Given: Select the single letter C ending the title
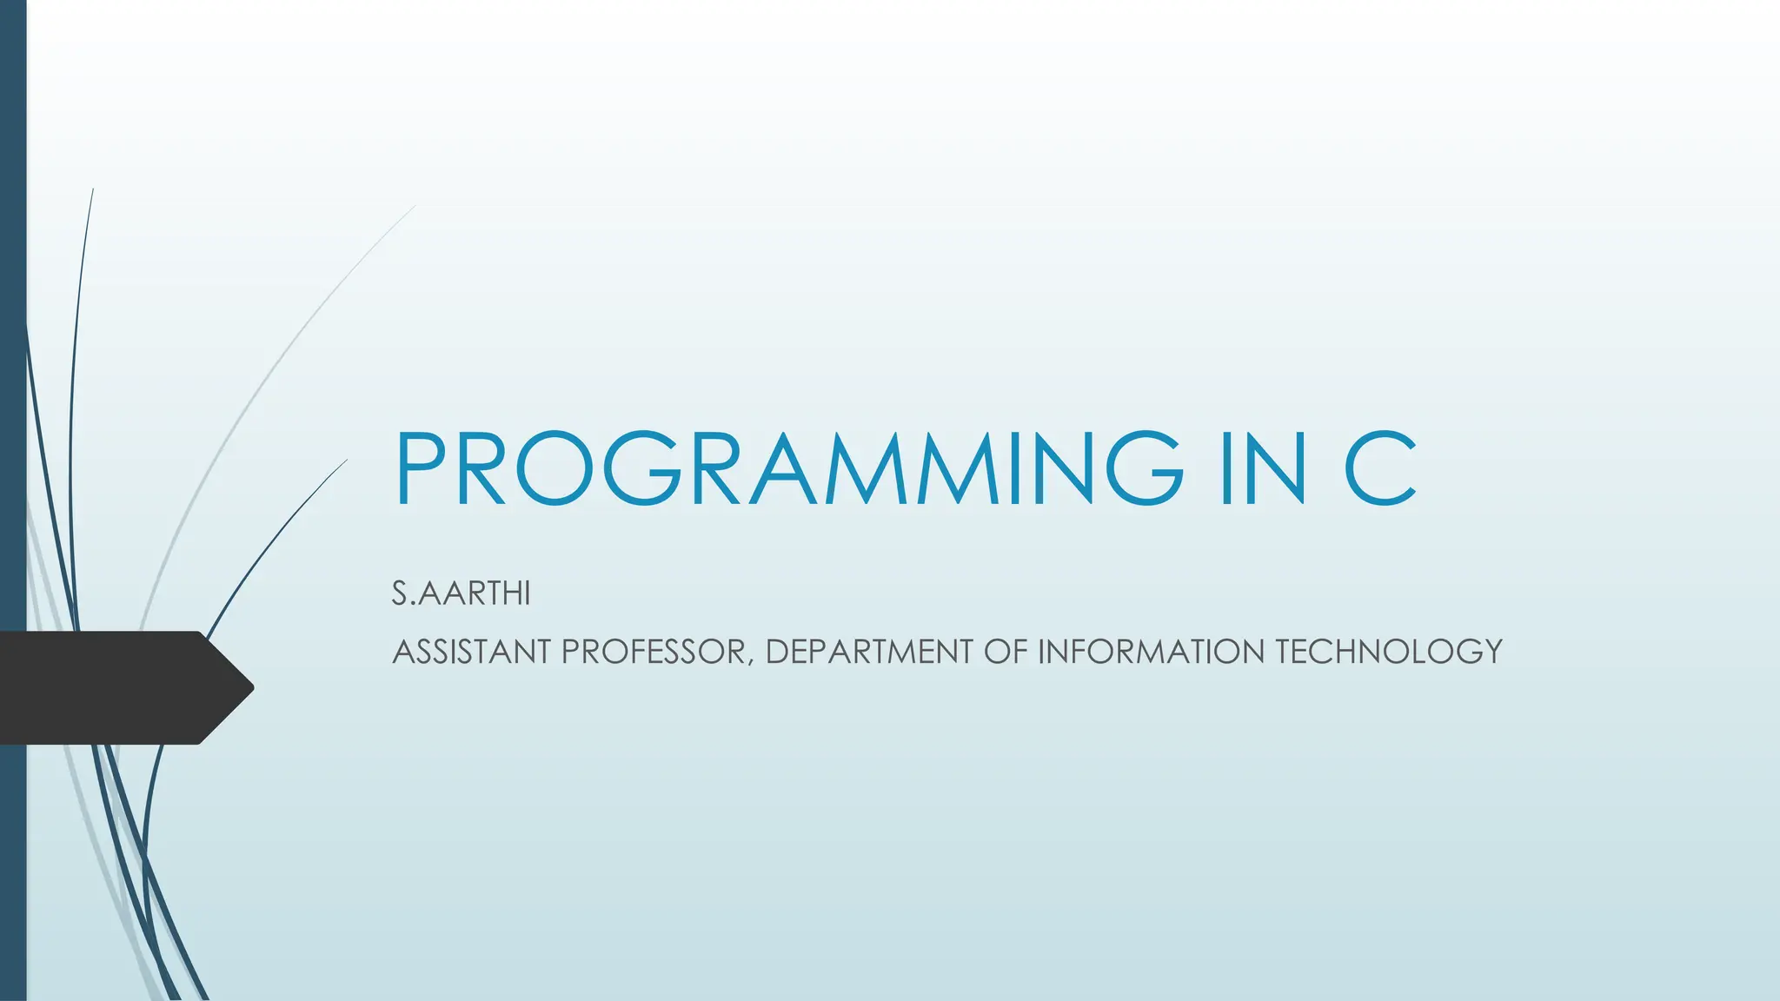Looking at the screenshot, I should click(1381, 468).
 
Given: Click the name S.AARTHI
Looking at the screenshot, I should click(461, 593).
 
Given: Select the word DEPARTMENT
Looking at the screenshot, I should click(868, 652).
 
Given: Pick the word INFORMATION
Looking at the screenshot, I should click(1152, 652).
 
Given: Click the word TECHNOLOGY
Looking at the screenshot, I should click(1389, 652).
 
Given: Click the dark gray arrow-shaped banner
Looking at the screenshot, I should click(113, 687).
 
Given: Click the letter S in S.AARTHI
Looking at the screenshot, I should click(400, 593).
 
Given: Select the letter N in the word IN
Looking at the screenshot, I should click(1277, 468).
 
